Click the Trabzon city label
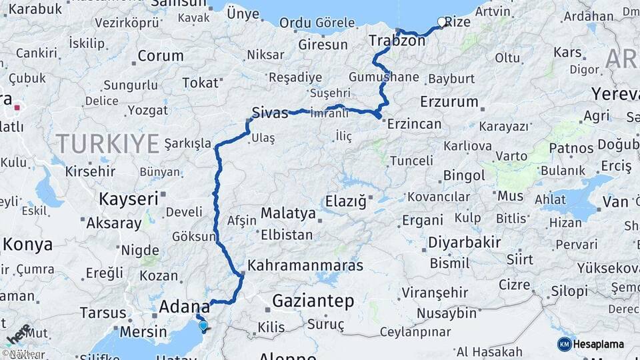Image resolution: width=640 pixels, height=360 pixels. click(x=397, y=41)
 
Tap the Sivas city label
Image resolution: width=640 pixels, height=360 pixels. click(x=270, y=112)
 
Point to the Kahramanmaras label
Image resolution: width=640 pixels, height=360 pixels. click(x=305, y=265)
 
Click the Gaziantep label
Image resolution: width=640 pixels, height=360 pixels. click(x=313, y=301)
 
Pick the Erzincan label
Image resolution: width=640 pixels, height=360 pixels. click(x=415, y=124)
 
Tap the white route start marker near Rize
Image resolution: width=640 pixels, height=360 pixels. click(x=441, y=22)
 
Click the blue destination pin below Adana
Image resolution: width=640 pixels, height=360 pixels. click(x=203, y=325)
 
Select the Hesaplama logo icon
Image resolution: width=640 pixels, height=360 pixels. click(x=564, y=344)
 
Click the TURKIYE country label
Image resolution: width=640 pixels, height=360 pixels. click(x=107, y=143)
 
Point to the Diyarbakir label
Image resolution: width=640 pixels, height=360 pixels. click(x=465, y=242)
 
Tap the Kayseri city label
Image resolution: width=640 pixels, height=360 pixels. click(x=129, y=199)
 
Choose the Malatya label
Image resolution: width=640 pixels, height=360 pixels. click(x=288, y=213)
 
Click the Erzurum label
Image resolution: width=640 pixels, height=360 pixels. click(x=449, y=102)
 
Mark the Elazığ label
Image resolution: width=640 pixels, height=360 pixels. click(x=345, y=201)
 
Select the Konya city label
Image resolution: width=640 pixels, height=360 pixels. click(x=28, y=244)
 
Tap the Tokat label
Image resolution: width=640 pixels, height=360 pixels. click(x=200, y=83)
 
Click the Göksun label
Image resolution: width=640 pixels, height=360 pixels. click(x=194, y=236)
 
